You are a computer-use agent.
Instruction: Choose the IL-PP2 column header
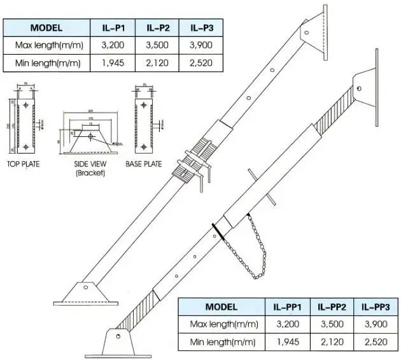(330, 307)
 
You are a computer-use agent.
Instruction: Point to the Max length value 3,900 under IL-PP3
(375, 324)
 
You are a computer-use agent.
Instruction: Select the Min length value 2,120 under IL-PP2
(330, 342)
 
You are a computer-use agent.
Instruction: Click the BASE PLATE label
(143, 164)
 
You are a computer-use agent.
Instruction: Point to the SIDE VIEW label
(88, 164)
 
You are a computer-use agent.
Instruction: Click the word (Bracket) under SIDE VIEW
(88, 172)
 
